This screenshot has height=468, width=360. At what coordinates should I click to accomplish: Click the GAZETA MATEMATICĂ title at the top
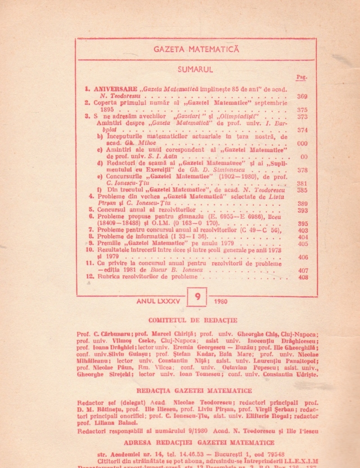(x=196, y=50)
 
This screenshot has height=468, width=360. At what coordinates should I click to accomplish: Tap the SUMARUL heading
(x=195, y=69)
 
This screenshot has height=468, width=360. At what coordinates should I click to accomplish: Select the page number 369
(x=302, y=96)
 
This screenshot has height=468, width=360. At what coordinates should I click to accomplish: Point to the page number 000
(x=302, y=143)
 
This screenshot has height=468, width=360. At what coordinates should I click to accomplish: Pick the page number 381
(x=302, y=184)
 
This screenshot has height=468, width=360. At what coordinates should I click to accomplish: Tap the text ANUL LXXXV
(x=158, y=301)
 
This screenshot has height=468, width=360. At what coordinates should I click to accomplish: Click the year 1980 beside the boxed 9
(x=221, y=301)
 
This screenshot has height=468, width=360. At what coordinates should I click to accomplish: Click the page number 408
(x=303, y=277)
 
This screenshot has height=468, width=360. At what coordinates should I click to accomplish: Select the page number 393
(x=302, y=210)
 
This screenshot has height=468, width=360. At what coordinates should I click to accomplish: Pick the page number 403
(x=303, y=230)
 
